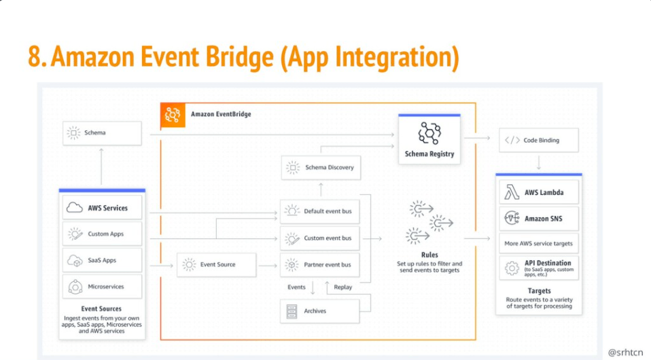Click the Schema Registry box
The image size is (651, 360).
pyautogui.click(x=429, y=140)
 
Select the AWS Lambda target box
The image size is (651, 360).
pyautogui.click(x=540, y=192)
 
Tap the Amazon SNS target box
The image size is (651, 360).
pyautogui.click(x=540, y=219)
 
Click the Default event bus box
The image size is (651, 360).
pyautogui.click(x=320, y=211)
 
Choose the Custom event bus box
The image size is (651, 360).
pyautogui.click(x=320, y=238)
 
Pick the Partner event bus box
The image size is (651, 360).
pyautogui.click(x=320, y=264)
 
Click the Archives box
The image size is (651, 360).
pyautogui.click(x=320, y=311)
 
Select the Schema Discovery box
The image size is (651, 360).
pyautogui.click(x=320, y=167)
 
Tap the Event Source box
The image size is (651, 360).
pyautogui.click(x=217, y=264)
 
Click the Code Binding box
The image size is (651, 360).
pyautogui.click(x=539, y=140)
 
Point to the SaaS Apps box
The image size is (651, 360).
pyautogui.click(x=103, y=260)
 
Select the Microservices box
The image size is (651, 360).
pyautogui.click(x=103, y=287)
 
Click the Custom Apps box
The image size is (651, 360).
pyautogui.click(x=103, y=234)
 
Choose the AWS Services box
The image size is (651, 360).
pyautogui.click(x=103, y=208)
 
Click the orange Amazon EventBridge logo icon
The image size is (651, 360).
pyautogui.click(x=172, y=115)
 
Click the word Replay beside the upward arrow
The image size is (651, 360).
pyautogui.click(x=343, y=287)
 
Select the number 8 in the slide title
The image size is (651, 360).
pyautogui.click(x=35, y=57)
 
